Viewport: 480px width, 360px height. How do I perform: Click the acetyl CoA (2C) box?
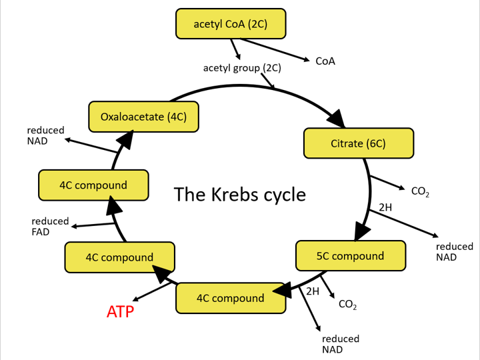click(x=231, y=24)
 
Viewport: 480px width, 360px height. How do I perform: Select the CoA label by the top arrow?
click(x=325, y=61)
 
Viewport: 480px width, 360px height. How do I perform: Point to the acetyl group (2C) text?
click(x=242, y=68)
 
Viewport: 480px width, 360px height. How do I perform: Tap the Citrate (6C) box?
click(x=358, y=143)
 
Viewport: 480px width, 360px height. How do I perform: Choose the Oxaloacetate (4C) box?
click(x=143, y=117)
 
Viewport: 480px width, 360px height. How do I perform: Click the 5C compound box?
click(x=350, y=256)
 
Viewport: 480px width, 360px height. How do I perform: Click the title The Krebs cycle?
click(x=240, y=194)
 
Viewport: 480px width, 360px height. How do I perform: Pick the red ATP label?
click(x=121, y=311)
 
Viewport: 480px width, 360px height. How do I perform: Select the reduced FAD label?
click(x=50, y=227)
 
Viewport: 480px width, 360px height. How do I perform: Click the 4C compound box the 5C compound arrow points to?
click(x=231, y=298)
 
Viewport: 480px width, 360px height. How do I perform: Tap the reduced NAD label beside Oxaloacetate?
click(x=45, y=135)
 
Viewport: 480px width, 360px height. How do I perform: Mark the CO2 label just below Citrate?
click(x=420, y=192)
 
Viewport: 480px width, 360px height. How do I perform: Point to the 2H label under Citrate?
click(x=385, y=207)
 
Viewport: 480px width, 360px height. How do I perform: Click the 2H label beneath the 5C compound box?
click(x=313, y=291)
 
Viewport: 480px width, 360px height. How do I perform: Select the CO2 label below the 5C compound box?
click(x=347, y=305)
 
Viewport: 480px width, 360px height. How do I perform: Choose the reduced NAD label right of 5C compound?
click(x=455, y=251)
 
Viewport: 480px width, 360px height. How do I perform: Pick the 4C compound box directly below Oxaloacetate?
click(x=93, y=185)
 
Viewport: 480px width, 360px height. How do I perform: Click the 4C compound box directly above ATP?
click(x=119, y=257)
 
